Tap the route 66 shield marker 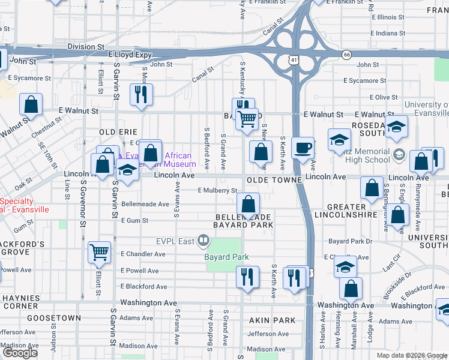[346, 55]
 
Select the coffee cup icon [303, 148]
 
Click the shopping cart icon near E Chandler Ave [100, 252]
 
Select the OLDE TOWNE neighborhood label [273, 180]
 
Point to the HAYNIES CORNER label [20, 302]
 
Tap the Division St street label [86, 46]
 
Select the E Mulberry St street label [218, 191]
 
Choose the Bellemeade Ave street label [145, 204]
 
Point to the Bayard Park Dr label [351, 241]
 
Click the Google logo [20, 353]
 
